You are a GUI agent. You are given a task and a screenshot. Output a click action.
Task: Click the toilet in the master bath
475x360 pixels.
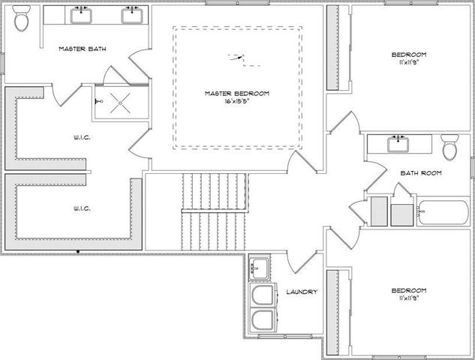point(22,20)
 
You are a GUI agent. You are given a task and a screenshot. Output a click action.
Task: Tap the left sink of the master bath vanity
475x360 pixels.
point(80,14)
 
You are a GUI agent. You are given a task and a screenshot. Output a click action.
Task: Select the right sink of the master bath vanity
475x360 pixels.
point(132,14)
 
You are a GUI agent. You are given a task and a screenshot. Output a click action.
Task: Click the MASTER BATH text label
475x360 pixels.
point(83,49)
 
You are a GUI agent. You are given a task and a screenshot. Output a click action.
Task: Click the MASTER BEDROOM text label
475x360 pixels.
point(236,94)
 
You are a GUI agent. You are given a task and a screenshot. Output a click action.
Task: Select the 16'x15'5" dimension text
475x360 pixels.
point(236,103)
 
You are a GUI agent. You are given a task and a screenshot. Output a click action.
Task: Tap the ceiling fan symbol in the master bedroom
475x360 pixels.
point(236,57)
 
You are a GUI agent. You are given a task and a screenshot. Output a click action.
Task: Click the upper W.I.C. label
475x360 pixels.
point(83,137)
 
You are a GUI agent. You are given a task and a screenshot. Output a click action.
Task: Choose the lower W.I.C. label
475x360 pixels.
point(83,208)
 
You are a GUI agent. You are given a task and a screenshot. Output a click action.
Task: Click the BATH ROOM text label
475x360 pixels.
point(420,173)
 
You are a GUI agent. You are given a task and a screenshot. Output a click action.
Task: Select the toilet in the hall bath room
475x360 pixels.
point(449,147)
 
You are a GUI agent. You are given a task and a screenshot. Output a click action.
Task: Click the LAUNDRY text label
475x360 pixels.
point(302,292)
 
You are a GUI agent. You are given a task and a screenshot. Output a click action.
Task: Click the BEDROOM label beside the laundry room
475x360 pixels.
point(409,290)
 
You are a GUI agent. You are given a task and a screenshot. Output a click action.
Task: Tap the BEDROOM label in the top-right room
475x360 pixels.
point(409,55)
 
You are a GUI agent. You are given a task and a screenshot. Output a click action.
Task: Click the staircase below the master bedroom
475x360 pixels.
point(215,210)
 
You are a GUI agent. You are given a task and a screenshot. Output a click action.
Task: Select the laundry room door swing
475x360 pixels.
point(296,262)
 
